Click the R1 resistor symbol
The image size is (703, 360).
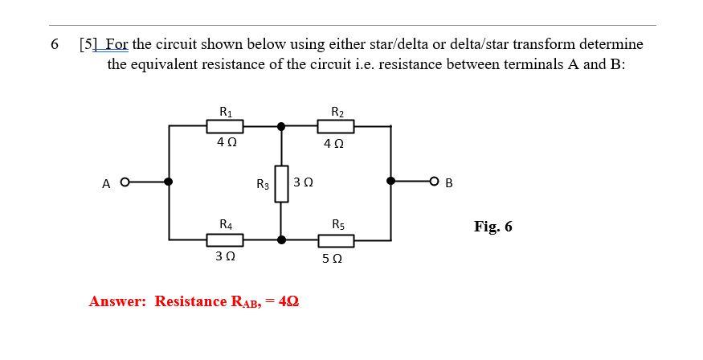pyautogui.click(x=225, y=126)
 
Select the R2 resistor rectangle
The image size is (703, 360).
pyautogui.click(x=336, y=126)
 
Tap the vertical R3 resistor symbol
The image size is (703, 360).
pyautogui.click(x=281, y=184)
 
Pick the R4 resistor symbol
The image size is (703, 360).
pyautogui.click(x=225, y=239)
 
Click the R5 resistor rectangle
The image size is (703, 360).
pyautogui.click(x=336, y=239)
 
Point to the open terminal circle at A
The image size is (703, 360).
pyautogui.click(x=125, y=182)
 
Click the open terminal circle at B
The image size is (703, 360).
pyautogui.click(x=435, y=182)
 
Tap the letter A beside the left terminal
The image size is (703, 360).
pyautogui.click(x=106, y=184)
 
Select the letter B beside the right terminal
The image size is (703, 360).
pyautogui.click(x=449, y=184)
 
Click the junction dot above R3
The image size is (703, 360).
pyautogui.click(x=281, y=126)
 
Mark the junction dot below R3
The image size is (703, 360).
pyautogui.click(x=281, y=239)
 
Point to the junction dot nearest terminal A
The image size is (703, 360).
pyautogui.click(x=169, y=182)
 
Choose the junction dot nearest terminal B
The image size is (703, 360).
pyautogui.click(x=391, y=182)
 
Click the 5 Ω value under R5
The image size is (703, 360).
pyautogui.click(x=332, y=259)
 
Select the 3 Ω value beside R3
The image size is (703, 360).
pyautogui.click(x=303, y=183)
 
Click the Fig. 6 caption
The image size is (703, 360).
pyautogui.click(x=493, y=226)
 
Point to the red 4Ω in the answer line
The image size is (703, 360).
pyautogui.click(x=288, y=301)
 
